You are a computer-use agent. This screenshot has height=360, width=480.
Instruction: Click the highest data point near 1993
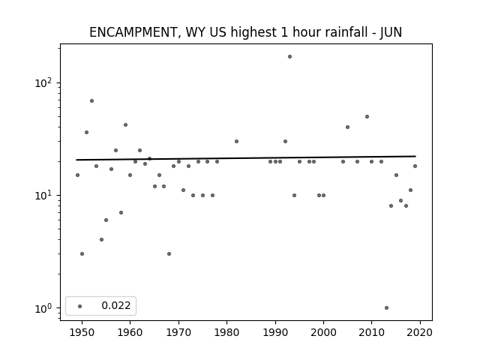pyautogui.click(x=289, y=57)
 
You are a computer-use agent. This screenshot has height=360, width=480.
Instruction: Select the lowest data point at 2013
pyautogui.click(x=386, y=308)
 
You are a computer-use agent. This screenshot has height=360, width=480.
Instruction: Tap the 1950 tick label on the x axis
pyautogui.click(x=82, y=332)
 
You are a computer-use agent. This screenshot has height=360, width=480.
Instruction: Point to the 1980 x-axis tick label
pyautogui.click(x=226, y=332)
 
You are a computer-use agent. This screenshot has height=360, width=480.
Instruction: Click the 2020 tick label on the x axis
pyautogui.click(x=420, y=332)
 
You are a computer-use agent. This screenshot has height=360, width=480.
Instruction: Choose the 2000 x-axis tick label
pyautogui.click(x=323, y=332)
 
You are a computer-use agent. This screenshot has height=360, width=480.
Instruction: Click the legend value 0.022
pyautogui.click(x=116, y=305)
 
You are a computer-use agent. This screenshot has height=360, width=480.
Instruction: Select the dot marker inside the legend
pyautogui.click(x=80, y=306)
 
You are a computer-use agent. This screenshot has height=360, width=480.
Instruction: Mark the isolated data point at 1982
pyautogui.click(x=236, y=142)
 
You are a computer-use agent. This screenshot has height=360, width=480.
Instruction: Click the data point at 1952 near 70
pyautogui.click(x=91, y=101)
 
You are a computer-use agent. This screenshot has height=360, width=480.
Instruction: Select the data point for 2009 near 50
pyautogui.click(x=367, y=117)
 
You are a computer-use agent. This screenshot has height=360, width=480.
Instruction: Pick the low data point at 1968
pyautogui.click(x=169, y=253)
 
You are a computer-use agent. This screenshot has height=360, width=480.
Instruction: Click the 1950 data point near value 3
pyautogui.click(x=82, y=253)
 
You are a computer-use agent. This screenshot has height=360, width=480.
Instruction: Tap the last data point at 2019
pyautogui.click(x=415, y=166)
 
